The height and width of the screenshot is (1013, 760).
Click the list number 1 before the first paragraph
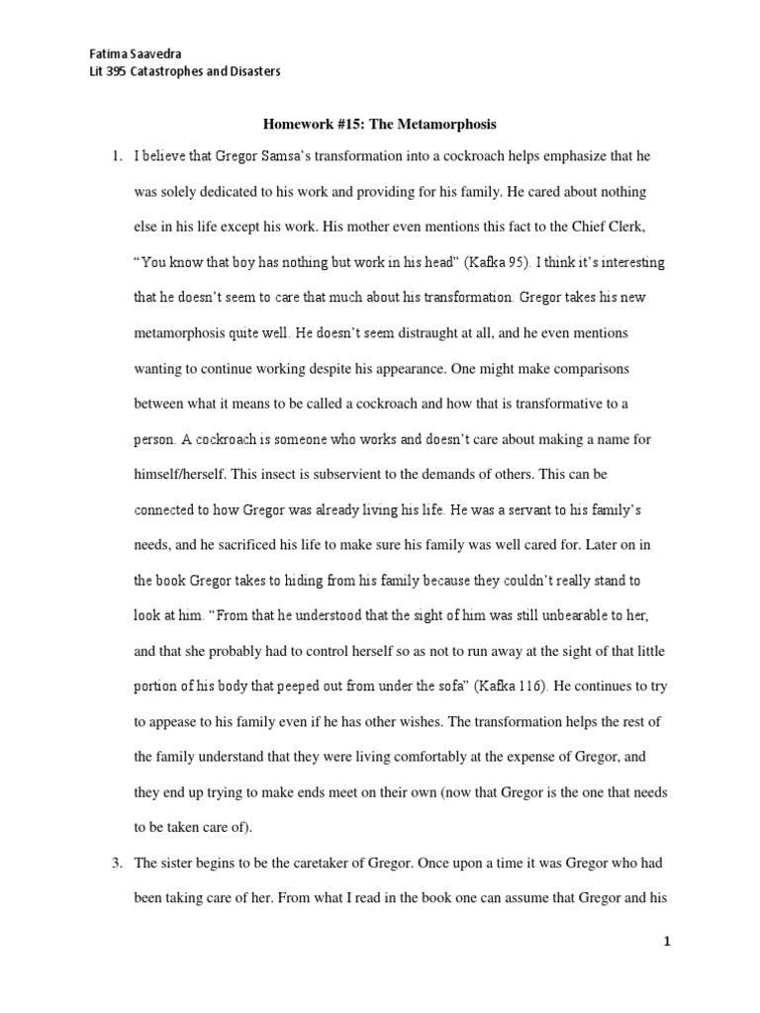point(116,157)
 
